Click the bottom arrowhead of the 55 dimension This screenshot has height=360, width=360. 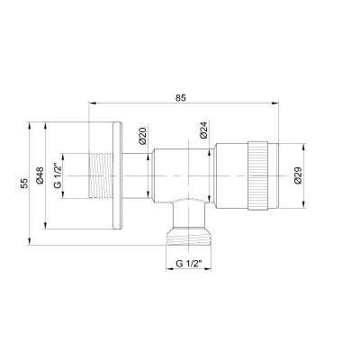point(31,240)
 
